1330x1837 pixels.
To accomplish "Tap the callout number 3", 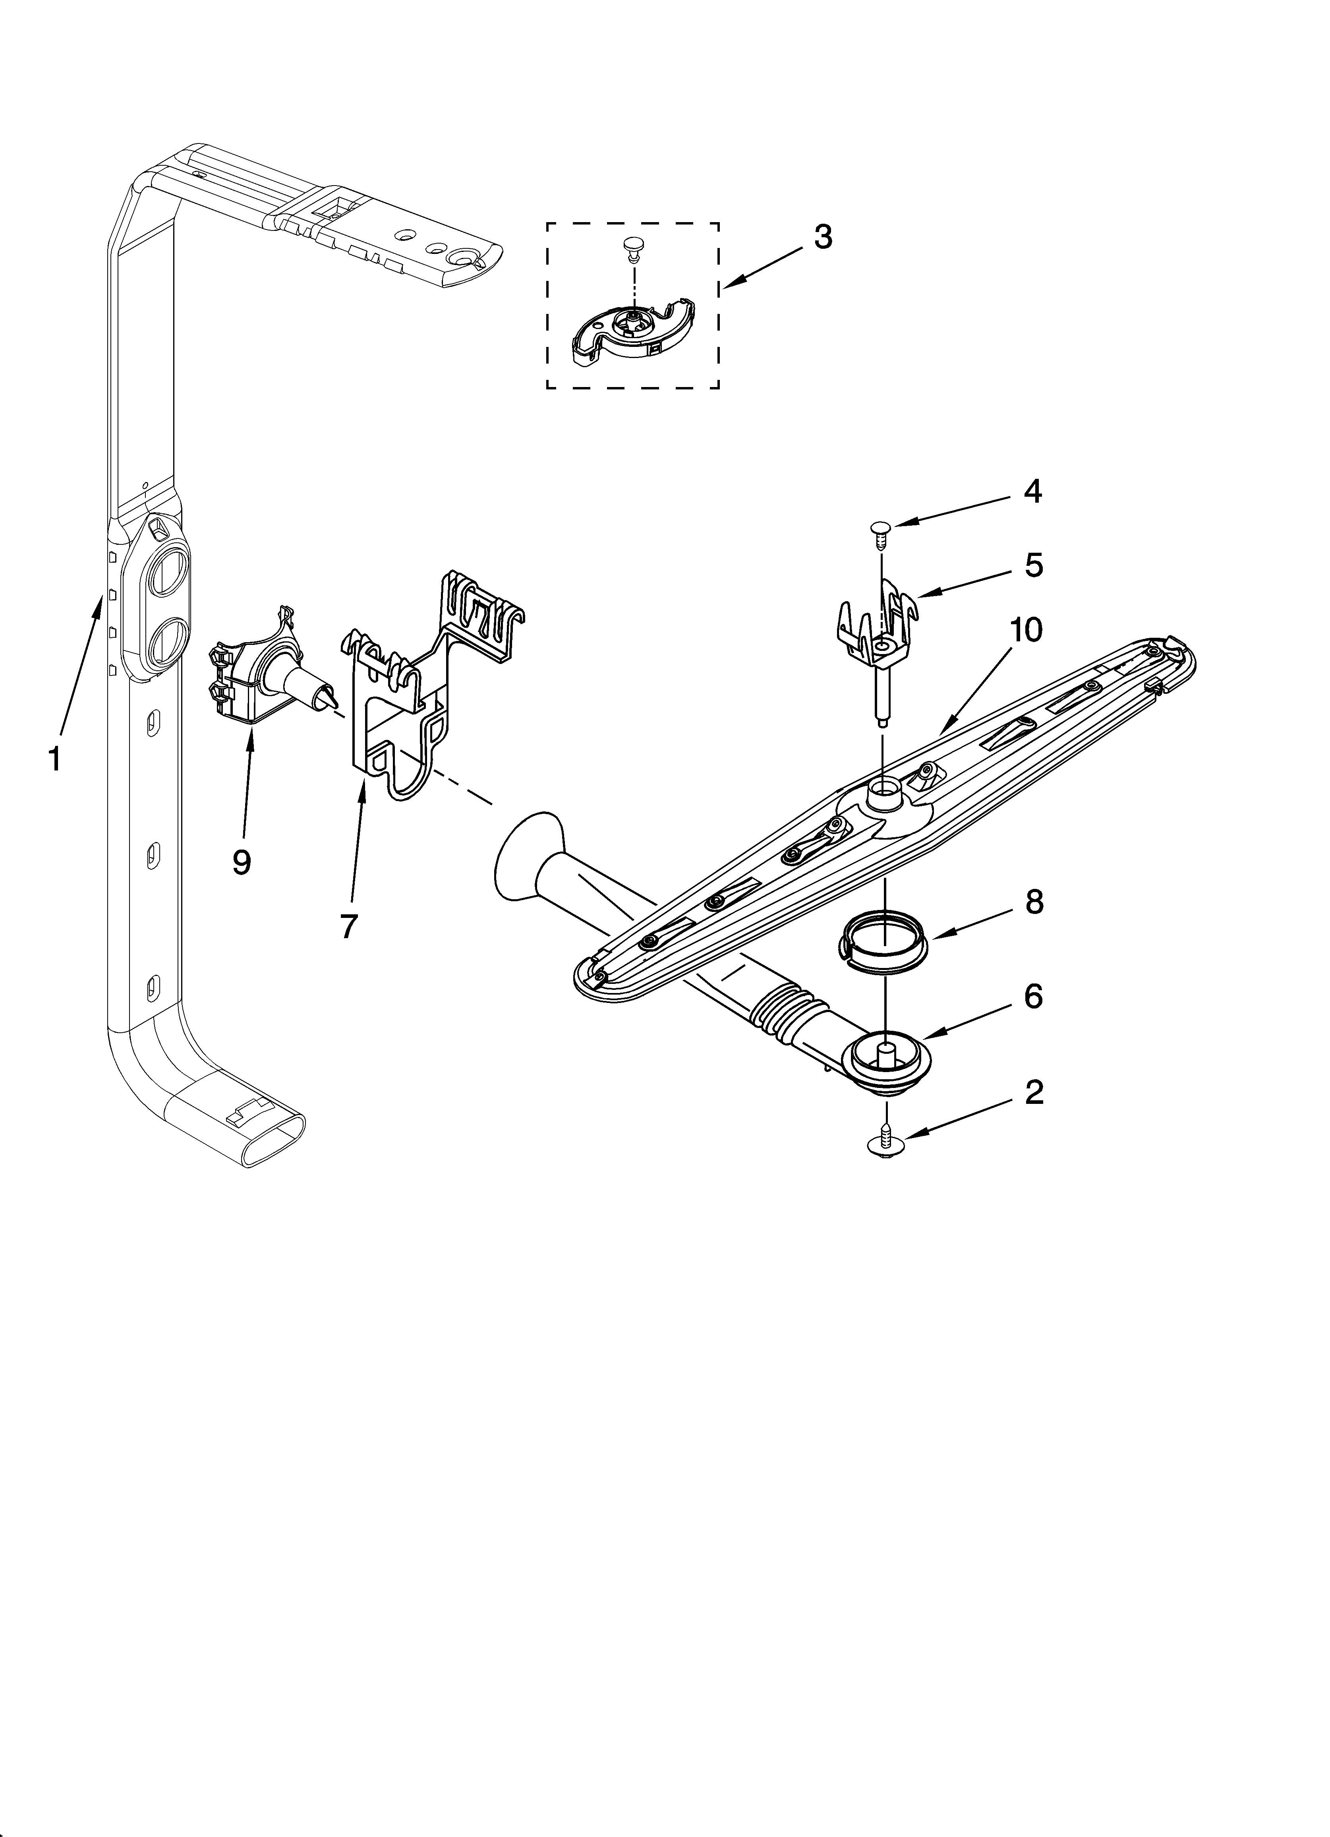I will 822,237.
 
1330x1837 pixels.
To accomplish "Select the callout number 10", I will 1025,630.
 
